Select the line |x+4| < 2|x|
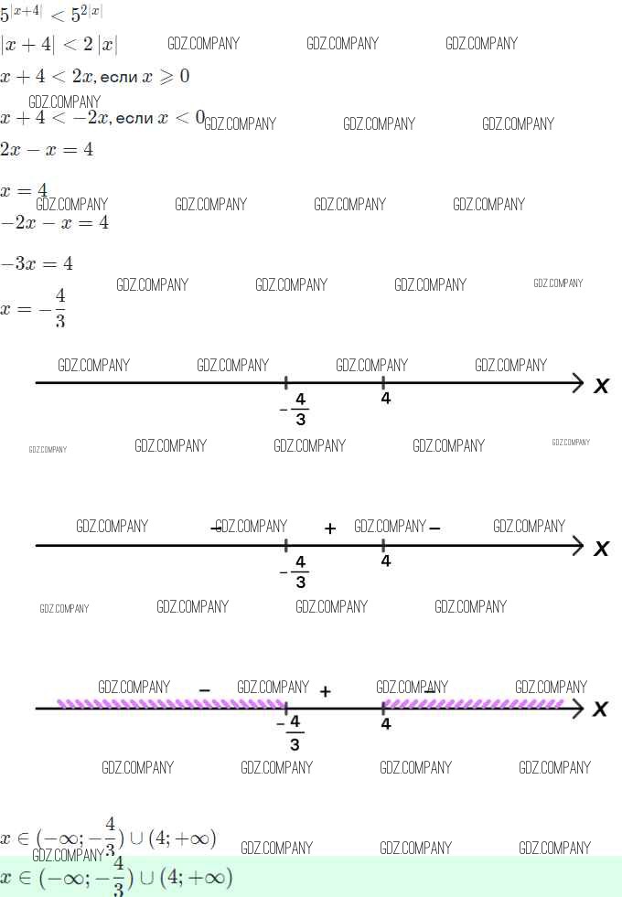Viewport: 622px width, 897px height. click(59, 45)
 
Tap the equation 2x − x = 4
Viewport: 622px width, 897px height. click(47, 150)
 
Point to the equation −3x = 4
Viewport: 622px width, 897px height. click(37, 264)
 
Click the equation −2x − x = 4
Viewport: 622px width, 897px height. click(54, 222)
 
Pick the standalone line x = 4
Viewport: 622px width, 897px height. click(25, 190)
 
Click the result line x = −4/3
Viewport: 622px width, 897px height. click(35, 308)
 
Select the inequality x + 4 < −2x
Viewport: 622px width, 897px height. click(55, 118)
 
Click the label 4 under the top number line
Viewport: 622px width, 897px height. click(386, 399)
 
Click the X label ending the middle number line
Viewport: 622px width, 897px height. click(601, 549)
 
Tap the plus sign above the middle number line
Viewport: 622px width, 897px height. click(330, 529)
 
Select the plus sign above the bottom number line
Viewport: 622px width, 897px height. click(325, 691)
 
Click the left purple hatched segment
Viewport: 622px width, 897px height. click(171, 704)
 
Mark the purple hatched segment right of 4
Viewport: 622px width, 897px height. click(473, 703)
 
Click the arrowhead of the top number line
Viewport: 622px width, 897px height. click(577, 382)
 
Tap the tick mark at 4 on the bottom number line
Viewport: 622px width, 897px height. click(383, 707)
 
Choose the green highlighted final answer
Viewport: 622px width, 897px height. click(117, 879)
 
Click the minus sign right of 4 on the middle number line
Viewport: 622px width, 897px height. click(434, 527)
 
